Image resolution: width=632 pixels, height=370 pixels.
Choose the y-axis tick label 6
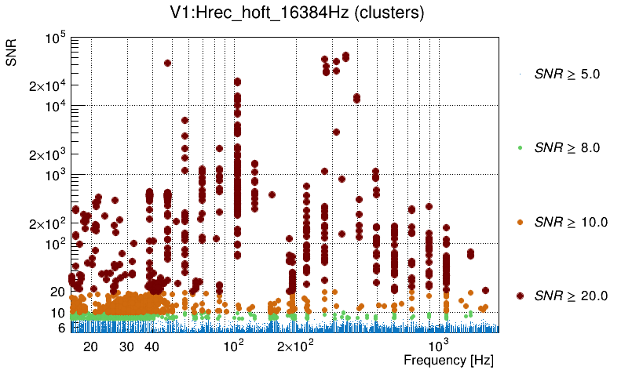60,328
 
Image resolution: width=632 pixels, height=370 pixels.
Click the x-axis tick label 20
90,346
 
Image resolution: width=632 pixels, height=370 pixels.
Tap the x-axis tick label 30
127,346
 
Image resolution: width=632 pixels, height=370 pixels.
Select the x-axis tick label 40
152,346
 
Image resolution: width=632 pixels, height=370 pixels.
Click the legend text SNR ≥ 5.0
567,74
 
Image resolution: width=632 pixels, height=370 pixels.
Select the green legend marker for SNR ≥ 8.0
520,147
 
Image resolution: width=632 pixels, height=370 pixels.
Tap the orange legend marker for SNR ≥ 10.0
520,222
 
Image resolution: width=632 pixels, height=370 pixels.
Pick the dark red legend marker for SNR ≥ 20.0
520,296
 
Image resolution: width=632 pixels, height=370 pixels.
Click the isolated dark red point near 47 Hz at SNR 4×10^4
167,63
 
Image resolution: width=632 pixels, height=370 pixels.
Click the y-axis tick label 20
57,292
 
